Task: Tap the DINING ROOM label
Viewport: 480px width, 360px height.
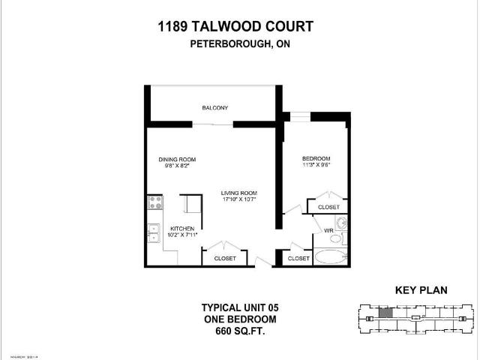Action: click(x=177, y=159)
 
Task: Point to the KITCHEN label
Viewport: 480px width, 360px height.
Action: click(x=181, y=228)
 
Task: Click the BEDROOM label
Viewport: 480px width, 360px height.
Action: click(x=316, y=158)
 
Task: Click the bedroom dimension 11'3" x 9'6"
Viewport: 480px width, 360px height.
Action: click(x=316, y=166)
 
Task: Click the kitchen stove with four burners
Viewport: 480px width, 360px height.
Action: click(x=155, y=201)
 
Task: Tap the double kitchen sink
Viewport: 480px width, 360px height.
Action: click(x=154, y=234)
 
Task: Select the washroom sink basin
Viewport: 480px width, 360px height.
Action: click(x=340, y=223)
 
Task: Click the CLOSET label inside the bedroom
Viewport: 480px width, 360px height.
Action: click(x=328, y=207)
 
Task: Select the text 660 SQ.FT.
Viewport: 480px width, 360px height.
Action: click(x=233, y=331)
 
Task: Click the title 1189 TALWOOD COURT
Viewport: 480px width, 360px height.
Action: click(x=235, y=27)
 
